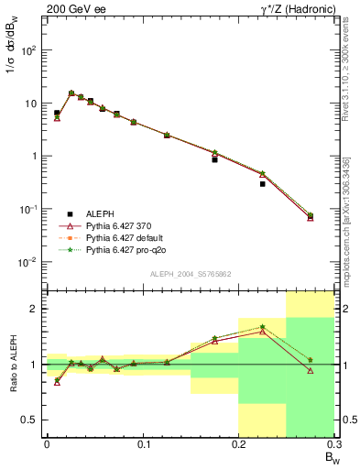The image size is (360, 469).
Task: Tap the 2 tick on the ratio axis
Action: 36,310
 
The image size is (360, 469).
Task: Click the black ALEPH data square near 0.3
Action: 262,184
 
